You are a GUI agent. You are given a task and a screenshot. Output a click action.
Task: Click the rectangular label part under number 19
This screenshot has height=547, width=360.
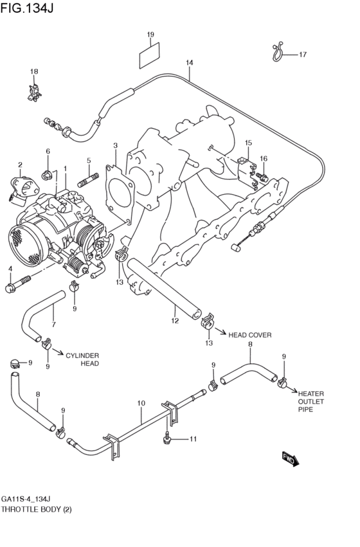coord(149,55)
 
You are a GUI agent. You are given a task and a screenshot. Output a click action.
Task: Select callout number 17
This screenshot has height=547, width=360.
coord(303,55)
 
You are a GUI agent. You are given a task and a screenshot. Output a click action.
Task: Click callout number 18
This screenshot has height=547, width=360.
coord(34,71)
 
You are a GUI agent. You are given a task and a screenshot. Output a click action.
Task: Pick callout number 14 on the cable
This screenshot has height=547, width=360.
coord(189,63)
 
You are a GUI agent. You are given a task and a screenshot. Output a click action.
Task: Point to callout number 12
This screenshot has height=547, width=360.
coord(174,319)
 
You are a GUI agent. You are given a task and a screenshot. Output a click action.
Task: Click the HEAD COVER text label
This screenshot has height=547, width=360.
coord(250,335)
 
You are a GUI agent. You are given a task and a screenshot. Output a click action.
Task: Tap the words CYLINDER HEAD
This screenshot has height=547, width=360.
coord(82,359)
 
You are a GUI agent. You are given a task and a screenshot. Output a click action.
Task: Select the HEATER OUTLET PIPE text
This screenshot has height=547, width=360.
coord(310,400)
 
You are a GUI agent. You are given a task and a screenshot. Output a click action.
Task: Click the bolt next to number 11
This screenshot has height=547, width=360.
coord(166,438)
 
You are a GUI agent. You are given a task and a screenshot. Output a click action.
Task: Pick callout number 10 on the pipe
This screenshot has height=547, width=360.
coord(141,404)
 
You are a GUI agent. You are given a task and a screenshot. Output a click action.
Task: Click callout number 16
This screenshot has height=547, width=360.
coord(263,158)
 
